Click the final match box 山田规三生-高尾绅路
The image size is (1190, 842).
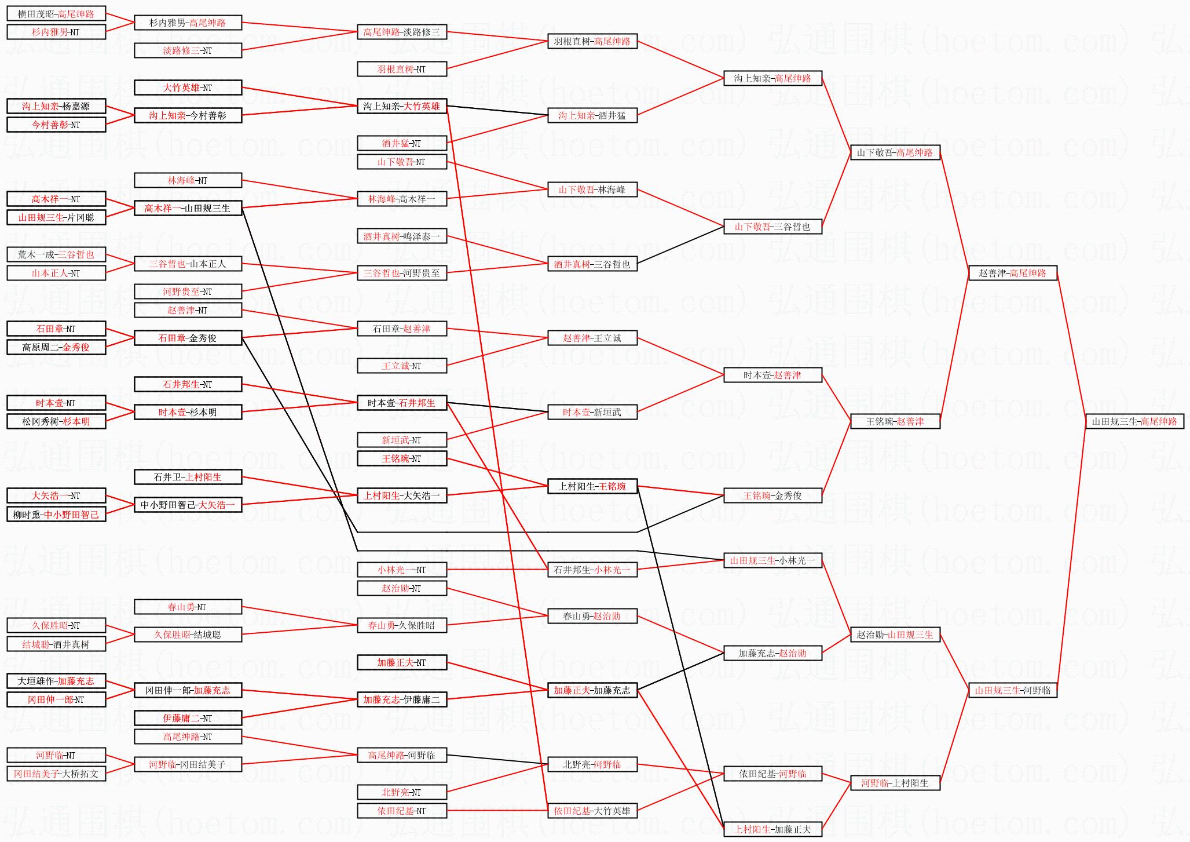[x=1134, y=421]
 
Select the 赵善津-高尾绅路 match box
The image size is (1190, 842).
[x=1012, y=273]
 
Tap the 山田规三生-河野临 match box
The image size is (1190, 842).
[x=1012, y=690]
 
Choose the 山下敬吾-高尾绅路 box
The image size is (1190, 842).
[x=895, y=152]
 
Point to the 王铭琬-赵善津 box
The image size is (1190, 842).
[x=895, y=421]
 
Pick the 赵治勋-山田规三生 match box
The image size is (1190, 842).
[x=895, y=635]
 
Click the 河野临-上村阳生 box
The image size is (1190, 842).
[x=895, y=783]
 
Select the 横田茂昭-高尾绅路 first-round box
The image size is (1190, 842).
[x=56, y=14]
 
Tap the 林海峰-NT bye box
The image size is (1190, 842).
[x=188, y=180]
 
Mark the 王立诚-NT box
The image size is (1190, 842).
[x=401, y=366]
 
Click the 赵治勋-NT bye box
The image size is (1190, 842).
[x=401, y=588]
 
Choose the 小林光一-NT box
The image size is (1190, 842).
[x=401, y=570]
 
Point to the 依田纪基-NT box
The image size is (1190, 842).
[x=401, y=811]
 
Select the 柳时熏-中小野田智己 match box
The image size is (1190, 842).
[x=56, y=514]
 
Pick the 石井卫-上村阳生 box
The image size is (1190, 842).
[x=188, y=477]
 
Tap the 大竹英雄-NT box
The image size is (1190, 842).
[x=188, y=88]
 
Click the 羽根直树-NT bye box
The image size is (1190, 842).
[x=401, y=69]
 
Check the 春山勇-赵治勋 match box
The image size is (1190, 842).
[x=592, y=616]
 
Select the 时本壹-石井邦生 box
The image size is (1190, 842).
[x=401, y=403]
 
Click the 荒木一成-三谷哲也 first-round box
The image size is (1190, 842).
[x=56, y=254]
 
